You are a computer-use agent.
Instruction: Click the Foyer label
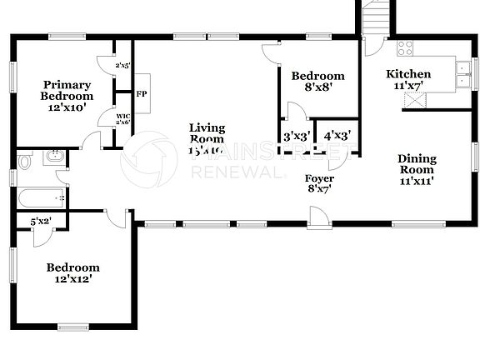tap(319, 183)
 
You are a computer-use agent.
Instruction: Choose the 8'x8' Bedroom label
tap(317, 82)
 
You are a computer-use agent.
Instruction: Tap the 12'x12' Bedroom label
tap(72, 273)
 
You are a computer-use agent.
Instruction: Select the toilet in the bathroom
tap(25, 161)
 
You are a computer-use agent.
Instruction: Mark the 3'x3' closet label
tap(297, 136)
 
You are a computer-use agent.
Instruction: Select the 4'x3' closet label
tap(337, 136)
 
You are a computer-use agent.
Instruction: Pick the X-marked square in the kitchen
tap(414, 100)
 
